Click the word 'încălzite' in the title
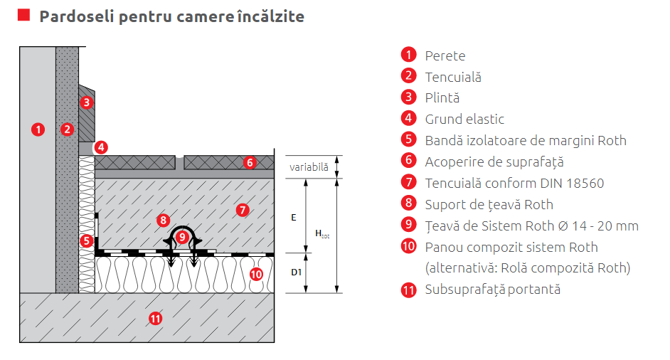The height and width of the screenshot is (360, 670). tap(269, 16)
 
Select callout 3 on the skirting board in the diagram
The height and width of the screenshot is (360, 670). tap(86, 102)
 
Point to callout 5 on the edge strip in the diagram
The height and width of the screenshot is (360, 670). tap(86, 240)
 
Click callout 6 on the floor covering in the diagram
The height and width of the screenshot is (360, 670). tap(249, 162)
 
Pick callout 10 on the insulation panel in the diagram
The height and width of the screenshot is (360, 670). tap(256, 272)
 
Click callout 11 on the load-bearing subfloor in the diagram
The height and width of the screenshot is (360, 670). tap(155, 318)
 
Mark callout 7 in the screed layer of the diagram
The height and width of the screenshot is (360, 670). tap(242, 210)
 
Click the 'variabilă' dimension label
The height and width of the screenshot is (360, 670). tap(309, 167)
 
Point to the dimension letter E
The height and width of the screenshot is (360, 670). tap(293, 218)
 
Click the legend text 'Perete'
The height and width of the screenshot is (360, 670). tap(445, 55)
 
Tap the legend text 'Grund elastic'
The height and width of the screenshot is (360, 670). tap(464, 120)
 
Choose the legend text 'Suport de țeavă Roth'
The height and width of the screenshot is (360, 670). tap(489, 205)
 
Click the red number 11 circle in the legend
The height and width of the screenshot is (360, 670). tap(408, 290)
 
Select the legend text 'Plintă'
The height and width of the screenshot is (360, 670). tap(442, 98)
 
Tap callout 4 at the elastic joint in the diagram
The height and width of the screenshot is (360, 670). tap(102, 147)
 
